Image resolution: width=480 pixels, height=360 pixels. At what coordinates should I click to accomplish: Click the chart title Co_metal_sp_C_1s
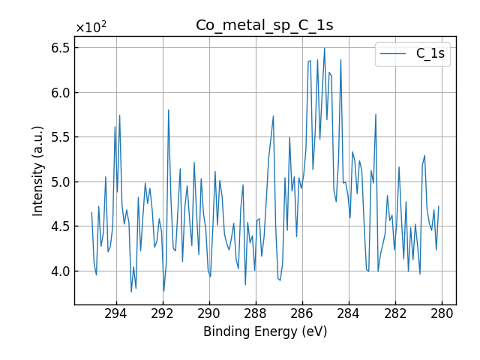pyautogui.click(x=265, y=25)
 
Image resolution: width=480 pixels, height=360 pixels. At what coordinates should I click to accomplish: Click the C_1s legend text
pyautogui.click(x=430, y=54)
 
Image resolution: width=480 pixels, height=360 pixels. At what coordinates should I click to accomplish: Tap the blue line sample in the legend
pyautogui.click(x=394, y=54)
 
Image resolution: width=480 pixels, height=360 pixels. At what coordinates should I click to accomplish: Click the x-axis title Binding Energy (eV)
pyautogui.click(x=265, y=331)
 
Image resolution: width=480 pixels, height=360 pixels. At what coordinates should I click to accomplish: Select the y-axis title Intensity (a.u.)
pyautogui.click(x=38, y=170)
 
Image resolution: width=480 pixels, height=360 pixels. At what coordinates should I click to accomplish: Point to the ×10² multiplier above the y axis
pyautogui.click(x=91, y=28)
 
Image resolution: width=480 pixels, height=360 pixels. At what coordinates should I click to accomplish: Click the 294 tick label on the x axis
pyautogui.click(x=116, y=313)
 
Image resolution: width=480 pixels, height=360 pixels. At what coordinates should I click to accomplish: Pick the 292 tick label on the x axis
pyautogui.click(x=163, y=313)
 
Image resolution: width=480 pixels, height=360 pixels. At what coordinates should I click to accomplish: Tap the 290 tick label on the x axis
pyautogui.click(x=209, y=313)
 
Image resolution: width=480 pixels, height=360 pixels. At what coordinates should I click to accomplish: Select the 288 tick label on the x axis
pyautogui.click(x=256, y=313)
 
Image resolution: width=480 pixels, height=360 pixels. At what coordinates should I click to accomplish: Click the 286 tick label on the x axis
pyautogui.click(x=302, y=313)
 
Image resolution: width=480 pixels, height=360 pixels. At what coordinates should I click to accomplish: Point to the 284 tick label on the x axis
pyautogui.click(x=349, y=313)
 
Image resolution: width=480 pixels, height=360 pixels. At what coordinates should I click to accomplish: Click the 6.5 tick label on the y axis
pyautogui.click(x=59, y=48)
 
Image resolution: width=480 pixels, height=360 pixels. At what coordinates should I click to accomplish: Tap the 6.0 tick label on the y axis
pyautogui.click(x=59, y=93)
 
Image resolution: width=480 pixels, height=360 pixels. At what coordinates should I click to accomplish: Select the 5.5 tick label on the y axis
pyautogui.click(x=59, y=137)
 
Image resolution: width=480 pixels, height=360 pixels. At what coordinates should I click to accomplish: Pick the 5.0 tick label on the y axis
pyautogui.click(x=59, y=182)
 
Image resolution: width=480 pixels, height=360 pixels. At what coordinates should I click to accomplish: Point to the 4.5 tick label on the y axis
pyautogui.click(x=59, y=226)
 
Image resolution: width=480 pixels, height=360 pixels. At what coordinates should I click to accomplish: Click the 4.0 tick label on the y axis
pyautogui.click(x=59, y=271)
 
